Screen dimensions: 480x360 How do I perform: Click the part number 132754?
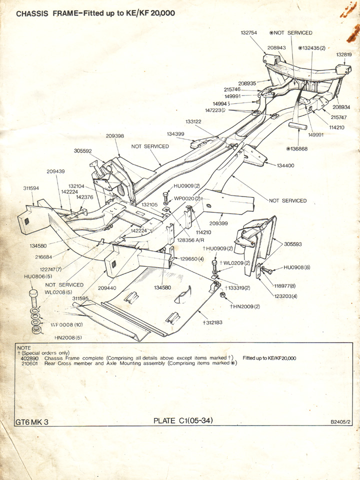click(248, 32)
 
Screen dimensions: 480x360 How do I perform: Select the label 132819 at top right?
click(344, 54)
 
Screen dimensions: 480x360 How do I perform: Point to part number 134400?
click(285, 165)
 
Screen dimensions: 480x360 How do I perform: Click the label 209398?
click(115, 135)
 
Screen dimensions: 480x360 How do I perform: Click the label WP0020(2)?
click(187, 198)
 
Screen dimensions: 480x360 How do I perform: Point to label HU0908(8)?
click(297, 267)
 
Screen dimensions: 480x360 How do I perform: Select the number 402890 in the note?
click(28, 358)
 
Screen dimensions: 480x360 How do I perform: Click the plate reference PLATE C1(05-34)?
click(183, 420)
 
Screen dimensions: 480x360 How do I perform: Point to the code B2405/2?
click(341, 422)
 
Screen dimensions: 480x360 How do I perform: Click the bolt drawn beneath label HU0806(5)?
click(34, 298)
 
